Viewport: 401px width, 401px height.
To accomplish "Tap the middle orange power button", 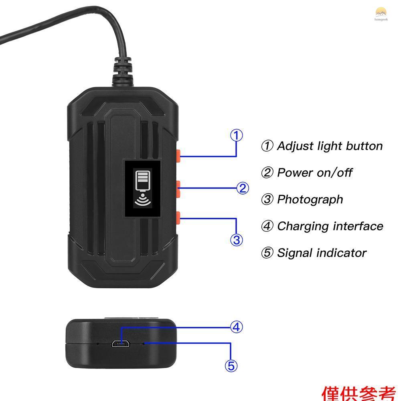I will pyautogui.click(x=179, y=188).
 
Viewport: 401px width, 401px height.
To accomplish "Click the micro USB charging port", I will pyautogui.click(x=120, y=344).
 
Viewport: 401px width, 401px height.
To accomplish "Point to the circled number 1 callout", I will pyautogui.click(x=237, y=136).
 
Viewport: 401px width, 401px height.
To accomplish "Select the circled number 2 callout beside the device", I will pyautogui.click(x=242, y=188).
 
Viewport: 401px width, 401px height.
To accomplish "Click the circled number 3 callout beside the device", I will pyautogui.click(x=237, y=240).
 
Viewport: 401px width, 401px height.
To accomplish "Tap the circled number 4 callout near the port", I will pyautogui.click(x=237, y=327).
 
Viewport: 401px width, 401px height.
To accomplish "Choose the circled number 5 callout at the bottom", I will pyautogui.click(x=231, y=366).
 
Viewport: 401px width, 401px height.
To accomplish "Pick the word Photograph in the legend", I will pyautogui.click(x=310, y=199).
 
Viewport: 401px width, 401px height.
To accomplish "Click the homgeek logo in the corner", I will pyautogui.click(x=381, y=13).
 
